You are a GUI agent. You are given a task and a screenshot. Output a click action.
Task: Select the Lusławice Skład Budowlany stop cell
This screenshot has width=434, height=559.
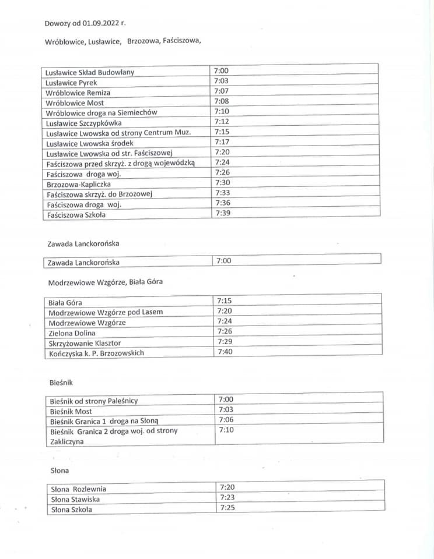pyautogui.click(x=90, y=72)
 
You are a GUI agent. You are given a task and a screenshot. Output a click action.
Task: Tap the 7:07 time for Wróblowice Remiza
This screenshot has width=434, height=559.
pyautogui.click(x=221, y=91)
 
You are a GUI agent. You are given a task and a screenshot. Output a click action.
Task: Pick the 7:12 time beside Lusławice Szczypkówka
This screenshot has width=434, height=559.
pyautogui.click(x=222, y=121)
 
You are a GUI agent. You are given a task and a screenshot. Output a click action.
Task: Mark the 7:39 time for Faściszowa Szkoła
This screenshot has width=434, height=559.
pyautogui.click(x=222, y=213)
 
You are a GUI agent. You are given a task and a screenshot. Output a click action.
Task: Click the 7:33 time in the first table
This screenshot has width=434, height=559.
pyautogui.click(x=222, y=193)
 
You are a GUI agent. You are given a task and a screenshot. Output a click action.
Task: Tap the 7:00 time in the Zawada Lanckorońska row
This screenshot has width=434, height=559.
pyautogui.click(x=223, y=261)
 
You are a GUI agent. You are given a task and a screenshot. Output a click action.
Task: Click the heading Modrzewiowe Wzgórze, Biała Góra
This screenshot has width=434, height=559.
pyautogui.click(x=106, y=281)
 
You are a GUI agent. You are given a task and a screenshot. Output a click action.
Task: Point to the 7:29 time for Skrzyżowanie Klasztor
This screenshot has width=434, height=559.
pyautogui.click(x=225, y=341)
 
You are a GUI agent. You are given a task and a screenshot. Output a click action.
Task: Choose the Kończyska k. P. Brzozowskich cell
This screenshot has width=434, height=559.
pyautogui.click(x=96, y=353)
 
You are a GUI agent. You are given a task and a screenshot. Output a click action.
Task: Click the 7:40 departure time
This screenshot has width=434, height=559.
pyautogui.click(x=225, y=352)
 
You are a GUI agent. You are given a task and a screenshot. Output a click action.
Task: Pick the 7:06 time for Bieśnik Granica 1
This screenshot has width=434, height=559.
pyautogui.click(x=226, y=420)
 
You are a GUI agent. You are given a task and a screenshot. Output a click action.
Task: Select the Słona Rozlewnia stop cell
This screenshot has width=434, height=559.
pyautogui.click(x=79, y=489)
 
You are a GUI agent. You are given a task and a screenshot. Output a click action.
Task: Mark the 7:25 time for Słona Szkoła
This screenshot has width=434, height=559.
pyautogui.click(x=227, y=508)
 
